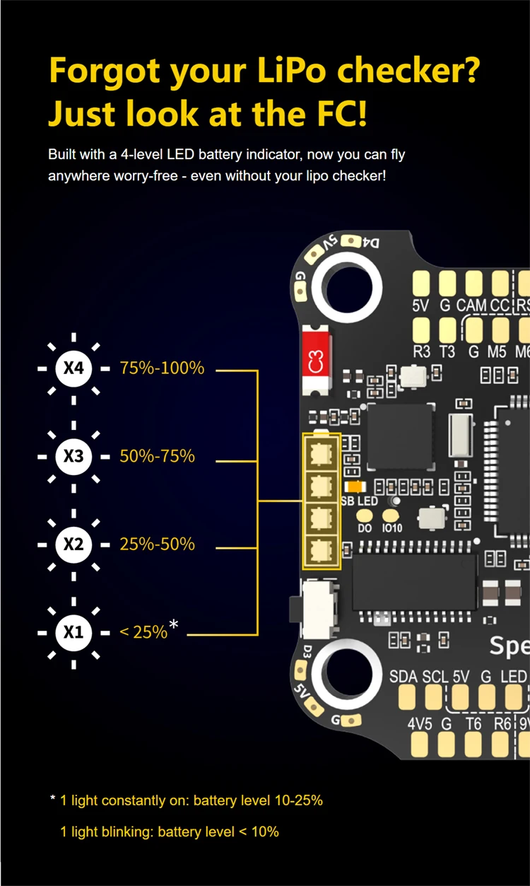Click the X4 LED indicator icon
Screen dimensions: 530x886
73,368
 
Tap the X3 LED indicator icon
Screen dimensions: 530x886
73,457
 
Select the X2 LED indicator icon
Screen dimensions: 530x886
73,544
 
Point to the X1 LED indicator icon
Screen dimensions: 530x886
73,632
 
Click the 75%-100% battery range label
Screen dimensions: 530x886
162,368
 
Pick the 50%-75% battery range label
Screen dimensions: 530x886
157,457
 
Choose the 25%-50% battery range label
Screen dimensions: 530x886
157,544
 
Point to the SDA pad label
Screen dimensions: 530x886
403,676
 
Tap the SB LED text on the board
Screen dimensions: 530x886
359,501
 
